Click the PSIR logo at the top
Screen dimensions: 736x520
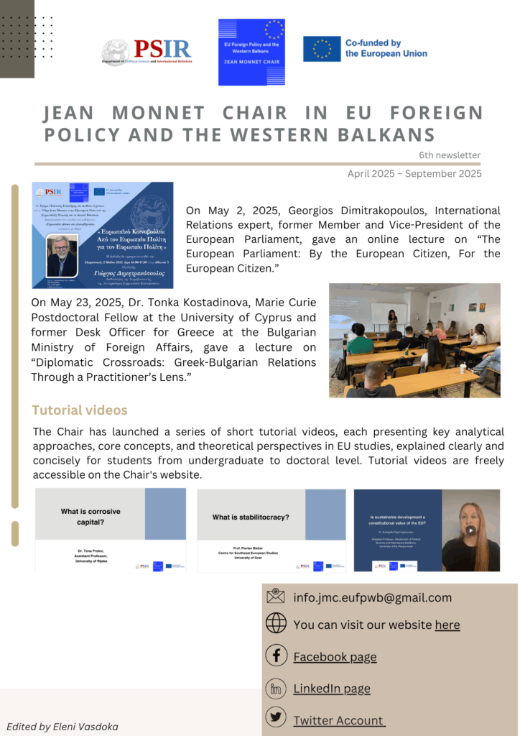click(x=147, y=52)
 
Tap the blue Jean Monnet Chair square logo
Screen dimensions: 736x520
click(x=251, y=52)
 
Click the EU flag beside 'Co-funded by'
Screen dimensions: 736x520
click(x=321, y=49)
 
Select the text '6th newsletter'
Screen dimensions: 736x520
click(x=450, y=155)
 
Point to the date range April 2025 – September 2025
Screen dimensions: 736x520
click(x=414, y=173)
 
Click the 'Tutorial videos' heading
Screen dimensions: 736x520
click(x=80, y=410)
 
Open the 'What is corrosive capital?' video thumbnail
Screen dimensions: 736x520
click(x=111, y=530)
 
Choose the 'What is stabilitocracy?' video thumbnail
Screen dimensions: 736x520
click(x=271, y=530)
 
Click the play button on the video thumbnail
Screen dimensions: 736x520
click(x=470, y=530)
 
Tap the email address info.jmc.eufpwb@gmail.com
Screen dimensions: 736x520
click(x=372, y=597)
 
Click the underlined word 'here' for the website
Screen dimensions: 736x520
click(x=447, y=625)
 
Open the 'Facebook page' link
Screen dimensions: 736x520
click(x=335, y=656)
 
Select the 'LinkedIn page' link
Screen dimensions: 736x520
click(x=332, y=689)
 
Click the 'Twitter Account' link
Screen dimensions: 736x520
click(x=339, y=720)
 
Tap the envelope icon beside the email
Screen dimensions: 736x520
click(x=276, y=597)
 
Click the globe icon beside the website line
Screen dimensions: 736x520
click(x=276, y=624)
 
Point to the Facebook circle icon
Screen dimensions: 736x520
click(x=276, y=655)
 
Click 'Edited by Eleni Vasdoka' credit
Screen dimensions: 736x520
click(x=62, y=726)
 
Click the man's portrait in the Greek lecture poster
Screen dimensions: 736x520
click(x=61, y=256)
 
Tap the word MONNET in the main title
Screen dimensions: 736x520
click(x=157, y=114)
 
